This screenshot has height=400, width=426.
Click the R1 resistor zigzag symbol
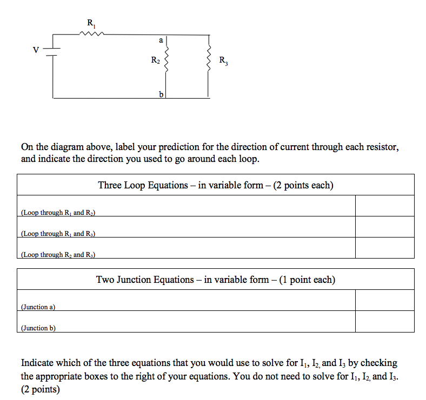coord(90,33)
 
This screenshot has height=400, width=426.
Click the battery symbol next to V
coord(53,50)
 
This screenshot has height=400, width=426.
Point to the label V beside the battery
coord(36,50)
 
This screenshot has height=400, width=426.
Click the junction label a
coord(161,40)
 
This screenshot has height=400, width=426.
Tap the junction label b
coord(161,94)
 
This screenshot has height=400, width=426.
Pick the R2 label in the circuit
coord(155,60)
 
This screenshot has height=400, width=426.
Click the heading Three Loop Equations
coord(215,185)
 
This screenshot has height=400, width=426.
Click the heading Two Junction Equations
coord(215,280)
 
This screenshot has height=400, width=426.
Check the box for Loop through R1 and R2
coord(384,206)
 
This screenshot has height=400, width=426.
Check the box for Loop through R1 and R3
coord(384,227)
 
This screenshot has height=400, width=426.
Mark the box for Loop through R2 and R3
coord(384,248)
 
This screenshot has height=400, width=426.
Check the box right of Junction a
coord(384,300)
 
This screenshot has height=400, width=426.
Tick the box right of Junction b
coord(384,321)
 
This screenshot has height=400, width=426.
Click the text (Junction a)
coord(38,307)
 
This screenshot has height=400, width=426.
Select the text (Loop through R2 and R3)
coord(58,254)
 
